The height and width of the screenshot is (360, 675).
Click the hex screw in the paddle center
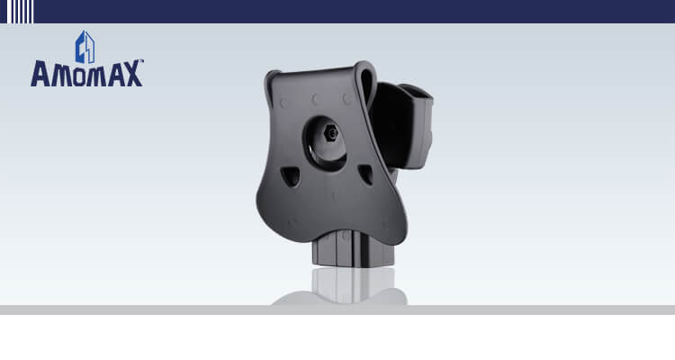(x=330, y=132)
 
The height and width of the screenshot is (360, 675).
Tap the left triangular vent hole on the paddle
(x=291, y=175)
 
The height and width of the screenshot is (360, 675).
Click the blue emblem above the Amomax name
(x=85, y=47)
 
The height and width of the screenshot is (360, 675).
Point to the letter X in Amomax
(x=132, y=73)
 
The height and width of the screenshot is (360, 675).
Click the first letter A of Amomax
(x=40, y=74)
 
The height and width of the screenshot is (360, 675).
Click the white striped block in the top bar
(x=20, y=12)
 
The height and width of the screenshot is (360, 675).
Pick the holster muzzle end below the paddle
(x=353, y=249)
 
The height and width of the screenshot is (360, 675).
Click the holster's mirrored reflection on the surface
(x=340, y=285)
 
